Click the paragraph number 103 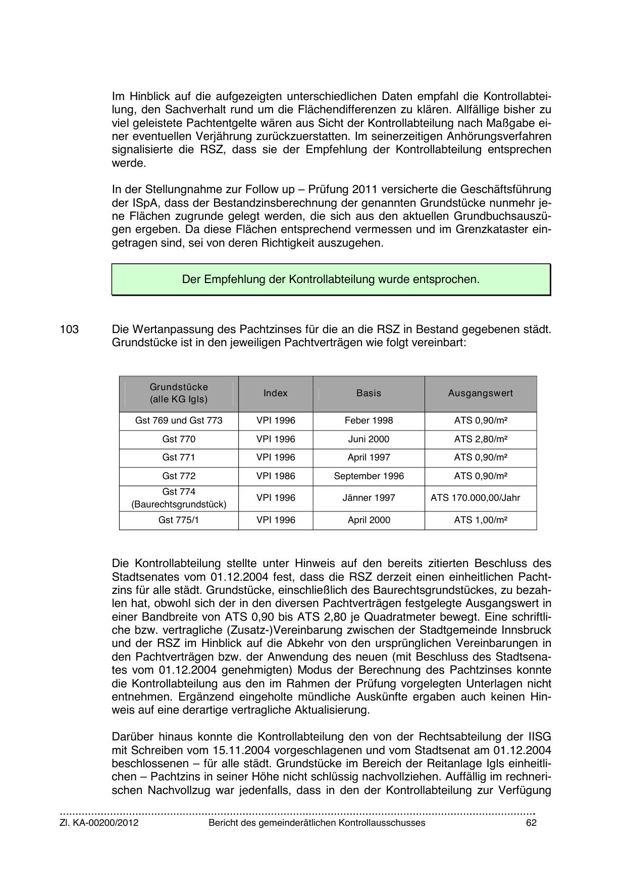click(x=69, y=330)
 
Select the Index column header click(x=276, y=393)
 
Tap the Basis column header click(x=369, y=393)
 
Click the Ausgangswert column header click(x=480, y=393)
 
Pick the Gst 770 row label click(x=179, y=439)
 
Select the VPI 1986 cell click(x=276, y=476)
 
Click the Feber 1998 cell click(x=369, y=421)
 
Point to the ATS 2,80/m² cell click(x=480, y=439)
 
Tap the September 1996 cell click(x=369, y=476)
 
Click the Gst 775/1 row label click(x=179, y=520)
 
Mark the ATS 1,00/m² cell click(x=480, y=520)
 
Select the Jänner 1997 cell click(x=369, y=498)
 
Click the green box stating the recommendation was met click(x=331, y=279)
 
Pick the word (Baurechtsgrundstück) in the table click(x=179, y=504)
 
